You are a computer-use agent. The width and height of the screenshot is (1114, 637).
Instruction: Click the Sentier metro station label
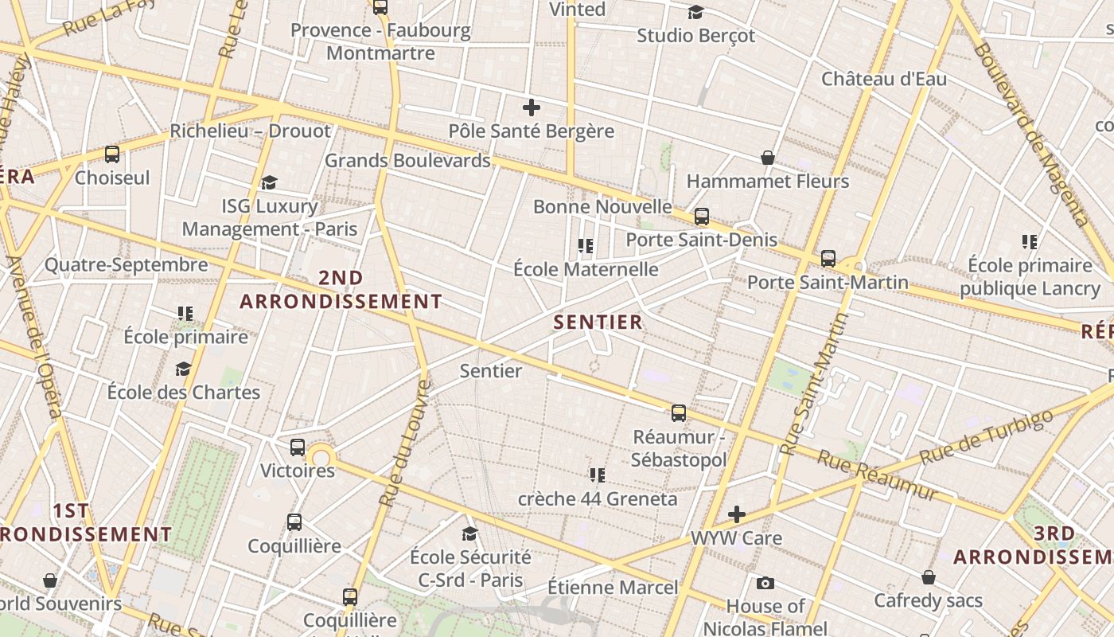pos(491,370)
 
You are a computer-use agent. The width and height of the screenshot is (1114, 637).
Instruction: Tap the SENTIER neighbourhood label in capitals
pos(598,322)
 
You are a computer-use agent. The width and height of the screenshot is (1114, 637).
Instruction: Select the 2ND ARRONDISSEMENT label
pos(341,290)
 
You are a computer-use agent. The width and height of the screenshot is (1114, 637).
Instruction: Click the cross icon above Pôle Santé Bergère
pos(532,107)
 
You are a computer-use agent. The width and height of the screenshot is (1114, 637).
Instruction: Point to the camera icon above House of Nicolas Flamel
pos(765,583)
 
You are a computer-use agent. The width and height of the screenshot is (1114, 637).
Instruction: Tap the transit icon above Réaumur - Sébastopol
pos(679,412)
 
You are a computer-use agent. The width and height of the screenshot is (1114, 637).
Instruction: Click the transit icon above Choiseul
pos(112,154)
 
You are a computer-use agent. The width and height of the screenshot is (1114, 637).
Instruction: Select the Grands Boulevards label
pos(407,160)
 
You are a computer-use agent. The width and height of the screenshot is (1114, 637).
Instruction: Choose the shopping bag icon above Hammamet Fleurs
pos(768,158)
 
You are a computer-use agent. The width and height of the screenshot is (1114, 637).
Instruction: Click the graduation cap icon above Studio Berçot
pos(696,12)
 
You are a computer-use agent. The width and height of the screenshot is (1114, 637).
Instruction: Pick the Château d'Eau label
pos(884,79)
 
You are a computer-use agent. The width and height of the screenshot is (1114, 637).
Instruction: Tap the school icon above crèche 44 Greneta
pos(598,475)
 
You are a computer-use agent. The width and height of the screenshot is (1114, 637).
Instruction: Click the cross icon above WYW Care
pos(737,514)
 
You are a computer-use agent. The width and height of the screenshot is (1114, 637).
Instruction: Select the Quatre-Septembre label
pos(126,264)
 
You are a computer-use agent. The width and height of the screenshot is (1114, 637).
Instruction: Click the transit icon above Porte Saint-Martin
pos(828,258)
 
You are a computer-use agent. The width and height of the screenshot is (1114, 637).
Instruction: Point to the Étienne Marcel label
pos(613,588)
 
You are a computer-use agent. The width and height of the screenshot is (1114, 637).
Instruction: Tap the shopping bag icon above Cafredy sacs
pos(929,576)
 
